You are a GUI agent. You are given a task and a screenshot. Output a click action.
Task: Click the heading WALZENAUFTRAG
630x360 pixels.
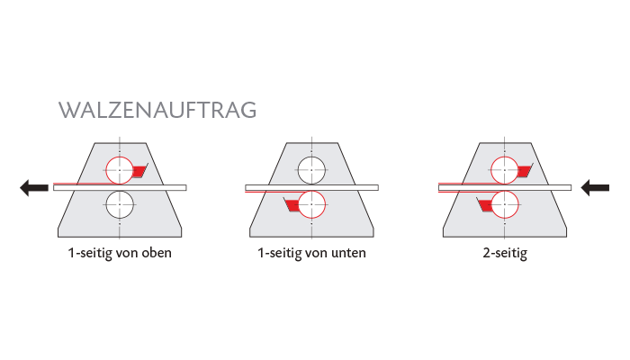tap(157, 110)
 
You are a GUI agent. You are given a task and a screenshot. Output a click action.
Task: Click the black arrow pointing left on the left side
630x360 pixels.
tap(34, 187)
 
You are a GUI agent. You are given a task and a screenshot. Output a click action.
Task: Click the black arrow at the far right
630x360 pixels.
tap(596, 187)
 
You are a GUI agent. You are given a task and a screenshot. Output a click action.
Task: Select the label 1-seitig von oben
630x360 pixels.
tap(120, 253)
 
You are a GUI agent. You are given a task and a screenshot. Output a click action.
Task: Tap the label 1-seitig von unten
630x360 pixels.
tap(311, 253)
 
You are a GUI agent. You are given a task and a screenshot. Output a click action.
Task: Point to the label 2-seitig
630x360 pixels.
tap(504, 253)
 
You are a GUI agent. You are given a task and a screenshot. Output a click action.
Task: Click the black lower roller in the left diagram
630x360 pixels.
tap(120, 205)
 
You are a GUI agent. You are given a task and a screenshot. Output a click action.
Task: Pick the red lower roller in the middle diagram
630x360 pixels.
tap(311, 205)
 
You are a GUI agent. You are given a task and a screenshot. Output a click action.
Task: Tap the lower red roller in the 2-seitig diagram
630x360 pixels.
tap(504, 205)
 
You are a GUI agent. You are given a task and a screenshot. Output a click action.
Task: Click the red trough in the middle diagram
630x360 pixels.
tap(292, 206)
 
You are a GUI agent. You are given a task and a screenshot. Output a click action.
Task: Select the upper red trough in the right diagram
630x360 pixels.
tap(524, 171)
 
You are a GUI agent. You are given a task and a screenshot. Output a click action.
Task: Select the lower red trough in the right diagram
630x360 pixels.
tap(485, 206)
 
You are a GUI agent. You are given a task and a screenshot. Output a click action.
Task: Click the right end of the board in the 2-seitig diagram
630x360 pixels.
tap(567, 187)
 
